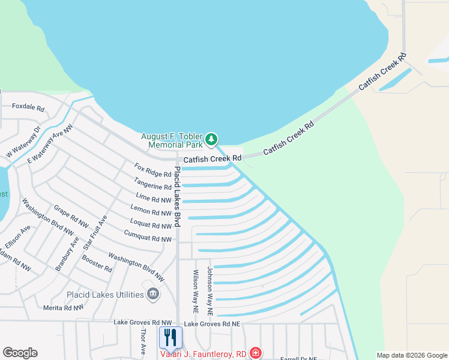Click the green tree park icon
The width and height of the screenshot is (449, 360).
[211, 140]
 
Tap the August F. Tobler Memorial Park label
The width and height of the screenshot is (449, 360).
[172, 140]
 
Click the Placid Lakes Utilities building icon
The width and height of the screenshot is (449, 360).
[153, 293]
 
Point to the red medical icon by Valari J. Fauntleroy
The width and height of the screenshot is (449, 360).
[256, 353]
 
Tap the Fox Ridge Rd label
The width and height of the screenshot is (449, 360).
[153, 170]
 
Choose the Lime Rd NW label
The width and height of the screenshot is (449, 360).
[154, 198]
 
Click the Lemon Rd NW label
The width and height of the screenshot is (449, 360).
[151, 211]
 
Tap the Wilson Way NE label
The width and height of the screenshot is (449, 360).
[196, 292]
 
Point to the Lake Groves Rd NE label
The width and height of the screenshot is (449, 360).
[212, 324]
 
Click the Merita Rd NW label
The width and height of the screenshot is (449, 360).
[64, 307]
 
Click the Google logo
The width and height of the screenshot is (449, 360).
[20, 353]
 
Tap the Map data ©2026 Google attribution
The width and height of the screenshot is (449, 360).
[411, 355]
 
